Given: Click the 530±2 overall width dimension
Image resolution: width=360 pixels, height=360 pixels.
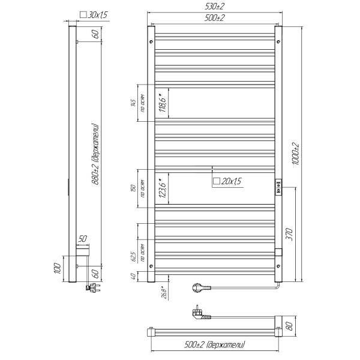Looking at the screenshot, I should (x=214, y=7).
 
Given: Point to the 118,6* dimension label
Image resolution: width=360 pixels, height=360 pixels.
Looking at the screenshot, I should (x=161, y=104).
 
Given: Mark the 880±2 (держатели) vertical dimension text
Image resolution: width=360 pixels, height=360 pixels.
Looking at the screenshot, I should (x=94, y=158).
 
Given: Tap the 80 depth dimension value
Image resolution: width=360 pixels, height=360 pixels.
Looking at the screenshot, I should (x=290, y=327).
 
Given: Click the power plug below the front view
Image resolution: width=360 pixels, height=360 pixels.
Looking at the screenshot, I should (x=199, y=288).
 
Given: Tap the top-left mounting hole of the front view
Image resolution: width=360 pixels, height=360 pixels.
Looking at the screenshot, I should (x=151, y=43).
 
